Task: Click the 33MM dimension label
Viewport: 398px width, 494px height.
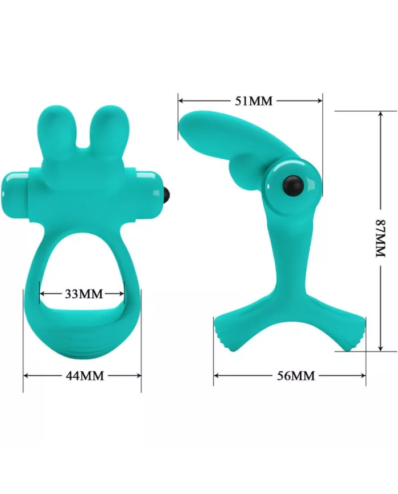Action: pos(83,294)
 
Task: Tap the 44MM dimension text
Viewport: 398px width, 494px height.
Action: pos(82,375)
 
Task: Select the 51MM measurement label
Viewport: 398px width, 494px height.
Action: pos(254,101)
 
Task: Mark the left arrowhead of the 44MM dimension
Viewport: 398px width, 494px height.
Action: pos(26,375)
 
